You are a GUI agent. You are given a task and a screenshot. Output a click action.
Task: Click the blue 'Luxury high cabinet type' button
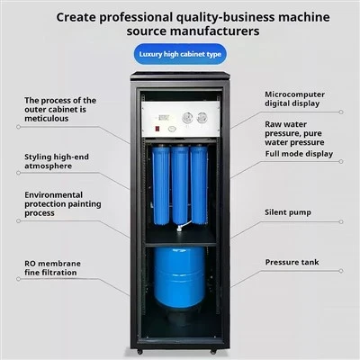(180, 54)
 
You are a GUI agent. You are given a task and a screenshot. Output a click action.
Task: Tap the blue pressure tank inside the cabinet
(179, 278)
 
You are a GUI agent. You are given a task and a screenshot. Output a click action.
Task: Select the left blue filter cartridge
(161, 184)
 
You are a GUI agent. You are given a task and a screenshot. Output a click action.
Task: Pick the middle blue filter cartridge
(180, 184)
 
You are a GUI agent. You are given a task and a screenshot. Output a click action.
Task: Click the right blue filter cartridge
(199, 184)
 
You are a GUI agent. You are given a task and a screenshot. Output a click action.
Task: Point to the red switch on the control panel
(157, 129)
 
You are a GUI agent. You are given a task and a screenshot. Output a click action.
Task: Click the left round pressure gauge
(188, 118)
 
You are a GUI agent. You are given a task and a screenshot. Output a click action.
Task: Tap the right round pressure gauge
(202, 118)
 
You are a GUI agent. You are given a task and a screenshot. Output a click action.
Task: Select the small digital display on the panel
(164, 118)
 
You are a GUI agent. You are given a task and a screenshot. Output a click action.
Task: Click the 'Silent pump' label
(288, 212)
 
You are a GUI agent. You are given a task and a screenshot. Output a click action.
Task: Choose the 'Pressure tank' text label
(292, 262)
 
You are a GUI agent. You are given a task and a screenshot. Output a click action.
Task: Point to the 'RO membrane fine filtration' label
(52, 268)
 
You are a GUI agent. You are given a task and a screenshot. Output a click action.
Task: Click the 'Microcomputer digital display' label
(294, 99)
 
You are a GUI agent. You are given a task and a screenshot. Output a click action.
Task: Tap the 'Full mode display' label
(299, 154)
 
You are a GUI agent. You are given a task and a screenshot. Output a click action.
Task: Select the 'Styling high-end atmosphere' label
(57, 161)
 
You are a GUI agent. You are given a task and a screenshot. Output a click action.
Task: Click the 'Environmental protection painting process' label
(63, 204)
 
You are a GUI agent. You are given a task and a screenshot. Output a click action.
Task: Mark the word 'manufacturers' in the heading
(217, 31)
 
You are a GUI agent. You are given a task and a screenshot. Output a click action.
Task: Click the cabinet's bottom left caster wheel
(139, 351)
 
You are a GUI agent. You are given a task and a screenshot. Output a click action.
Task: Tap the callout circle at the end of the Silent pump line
(341, 221)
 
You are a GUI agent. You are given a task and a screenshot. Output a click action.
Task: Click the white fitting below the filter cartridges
(179, 229)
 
